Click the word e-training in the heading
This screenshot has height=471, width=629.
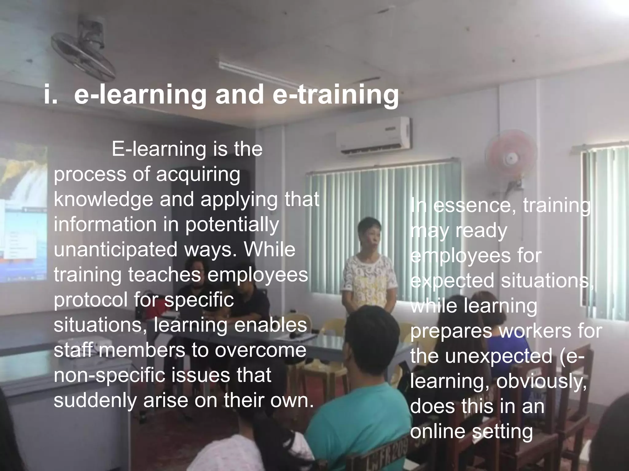(x=335, y=94)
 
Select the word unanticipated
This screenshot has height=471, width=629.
(x=115, y=250)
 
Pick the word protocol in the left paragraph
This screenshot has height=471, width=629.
(x=91, y=300)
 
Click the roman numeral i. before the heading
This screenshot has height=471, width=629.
(x=50, y=94)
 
